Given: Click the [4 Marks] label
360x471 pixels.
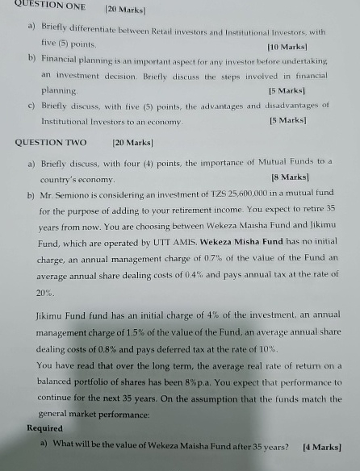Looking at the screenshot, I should coord(320,446).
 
